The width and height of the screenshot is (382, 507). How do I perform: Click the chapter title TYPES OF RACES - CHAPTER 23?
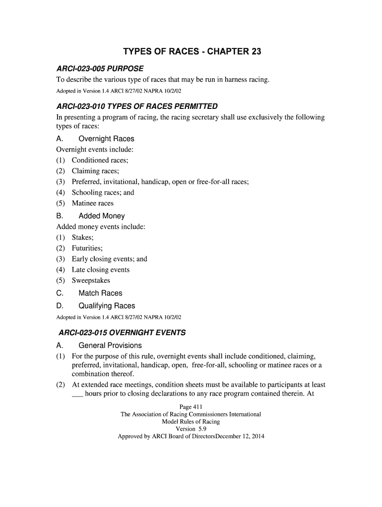191,52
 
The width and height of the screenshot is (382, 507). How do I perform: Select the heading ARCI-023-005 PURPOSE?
100,68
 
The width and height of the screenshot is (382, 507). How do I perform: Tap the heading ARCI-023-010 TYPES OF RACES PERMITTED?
137,106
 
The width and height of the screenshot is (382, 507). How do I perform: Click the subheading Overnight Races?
106,139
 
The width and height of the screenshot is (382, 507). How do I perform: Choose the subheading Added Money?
102,216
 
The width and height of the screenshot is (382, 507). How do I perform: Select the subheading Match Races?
100,293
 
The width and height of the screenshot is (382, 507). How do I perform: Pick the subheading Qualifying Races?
107,306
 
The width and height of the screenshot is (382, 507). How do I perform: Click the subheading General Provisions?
110,346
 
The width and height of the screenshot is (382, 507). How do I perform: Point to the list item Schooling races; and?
103,193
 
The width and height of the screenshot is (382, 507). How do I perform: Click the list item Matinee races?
92,203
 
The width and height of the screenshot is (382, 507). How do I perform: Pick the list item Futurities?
87,249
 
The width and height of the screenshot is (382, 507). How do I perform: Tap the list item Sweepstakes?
91,281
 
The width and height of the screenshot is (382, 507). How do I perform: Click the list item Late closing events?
100,270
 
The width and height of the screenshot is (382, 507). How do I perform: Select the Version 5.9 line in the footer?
191,429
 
